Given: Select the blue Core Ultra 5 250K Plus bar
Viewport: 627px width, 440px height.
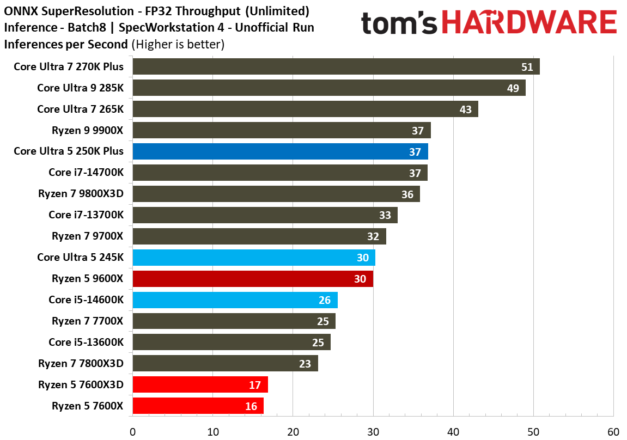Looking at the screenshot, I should coord(280,151).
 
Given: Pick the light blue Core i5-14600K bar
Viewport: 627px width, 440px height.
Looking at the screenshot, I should coord(235,300).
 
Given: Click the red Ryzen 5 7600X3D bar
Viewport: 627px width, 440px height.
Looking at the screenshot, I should coord(200,385).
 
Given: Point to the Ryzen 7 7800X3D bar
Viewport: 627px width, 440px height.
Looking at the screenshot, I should coord(225,363).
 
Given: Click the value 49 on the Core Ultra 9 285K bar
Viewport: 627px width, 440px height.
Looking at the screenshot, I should coord(513,88).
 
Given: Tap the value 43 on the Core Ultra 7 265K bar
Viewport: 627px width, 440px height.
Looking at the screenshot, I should coord(465,109).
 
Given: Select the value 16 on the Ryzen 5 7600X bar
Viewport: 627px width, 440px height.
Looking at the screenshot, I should coord(251,406).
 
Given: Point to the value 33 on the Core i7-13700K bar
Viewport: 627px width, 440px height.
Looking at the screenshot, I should coord(385,215).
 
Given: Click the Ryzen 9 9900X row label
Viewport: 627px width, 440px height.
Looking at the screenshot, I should coord(88,130).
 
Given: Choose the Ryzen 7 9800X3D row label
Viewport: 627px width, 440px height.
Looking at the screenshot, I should coord(81,194).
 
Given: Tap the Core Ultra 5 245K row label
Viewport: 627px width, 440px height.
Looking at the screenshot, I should coord(80,257).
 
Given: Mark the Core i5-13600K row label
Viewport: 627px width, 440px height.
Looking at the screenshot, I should coord(86,342).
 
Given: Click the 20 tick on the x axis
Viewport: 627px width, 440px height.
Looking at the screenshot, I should coord(293,432).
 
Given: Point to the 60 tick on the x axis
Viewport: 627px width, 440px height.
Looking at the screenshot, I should coord(613,432).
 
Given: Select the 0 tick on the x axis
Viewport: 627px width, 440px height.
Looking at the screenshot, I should coord(132,432).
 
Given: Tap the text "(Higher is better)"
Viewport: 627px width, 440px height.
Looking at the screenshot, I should coord(178,44).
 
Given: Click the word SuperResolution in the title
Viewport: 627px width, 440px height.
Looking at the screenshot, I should coord(80,11).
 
